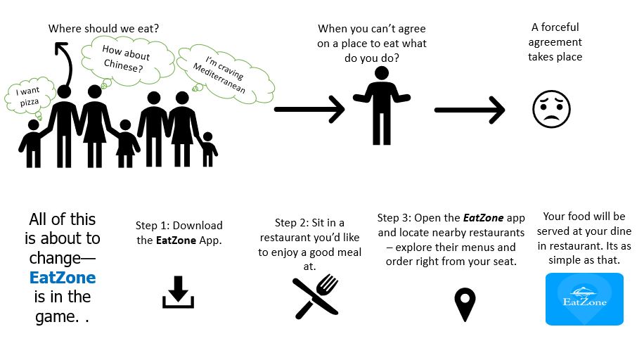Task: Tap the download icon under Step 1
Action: pyautogui.click(x=178, y=292)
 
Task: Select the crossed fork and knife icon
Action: pyautogui.click(x=314, y=297)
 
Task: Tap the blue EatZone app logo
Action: pyautogui.click(x=584, y=299)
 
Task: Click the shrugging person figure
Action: pyautogui.click(x=381, y=105)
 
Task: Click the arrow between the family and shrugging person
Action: pyautogui.click(x=309, y=109)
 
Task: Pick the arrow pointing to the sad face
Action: pyautogui.click(x=469, y=109)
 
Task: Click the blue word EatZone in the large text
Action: pyautogui.click(x=63, y=278)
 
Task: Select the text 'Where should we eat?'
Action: pyautogui.click(x=103, y=29)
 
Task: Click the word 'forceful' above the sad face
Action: pyautogui.click(x=555, y=41)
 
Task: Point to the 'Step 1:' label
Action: pyautogui.click(x=153, y=226)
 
